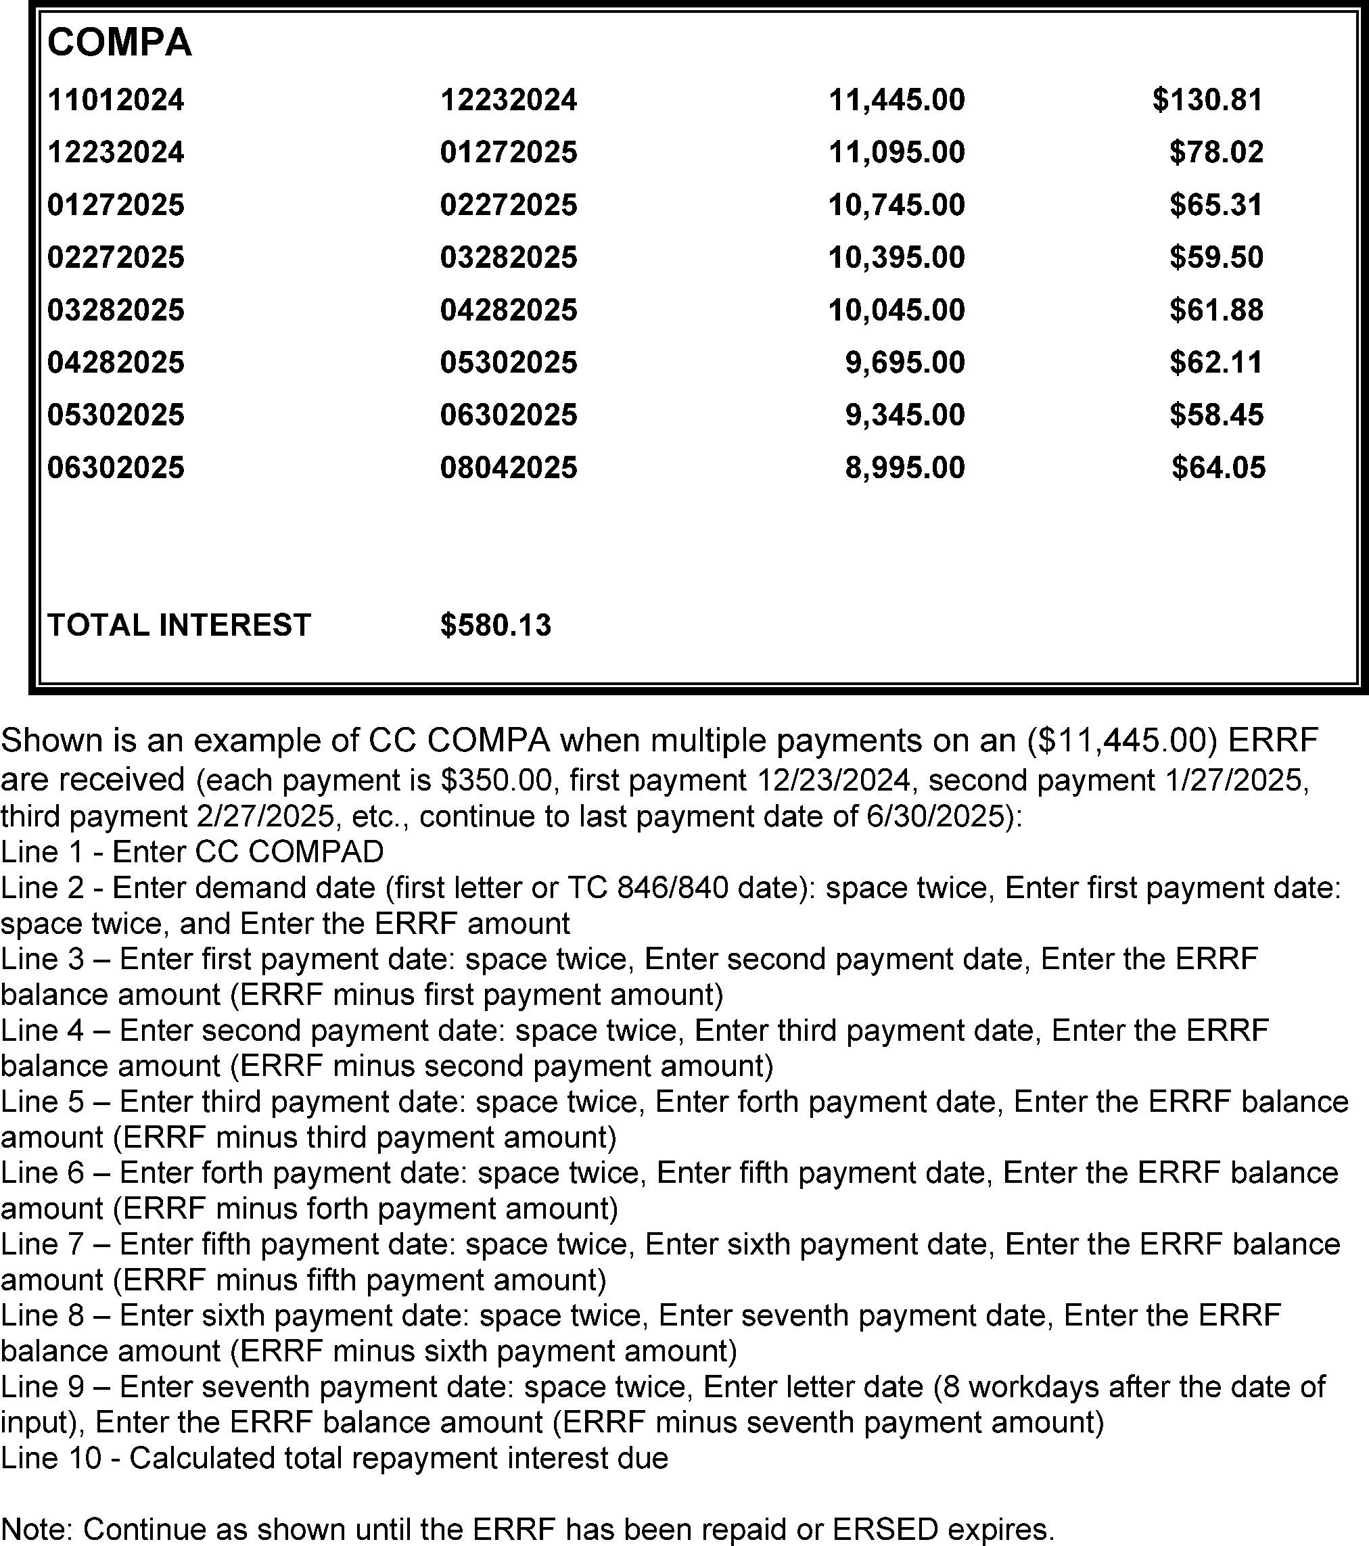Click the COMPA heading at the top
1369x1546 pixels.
120,43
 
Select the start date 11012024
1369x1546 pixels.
116,100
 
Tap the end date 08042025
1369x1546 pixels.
508,467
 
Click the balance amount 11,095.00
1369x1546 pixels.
896,153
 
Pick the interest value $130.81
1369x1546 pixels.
1207,100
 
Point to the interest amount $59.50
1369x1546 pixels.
1216,257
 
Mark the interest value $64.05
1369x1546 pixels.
1217,467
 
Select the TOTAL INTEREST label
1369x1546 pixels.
179,626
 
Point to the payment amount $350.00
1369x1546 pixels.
497,780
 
